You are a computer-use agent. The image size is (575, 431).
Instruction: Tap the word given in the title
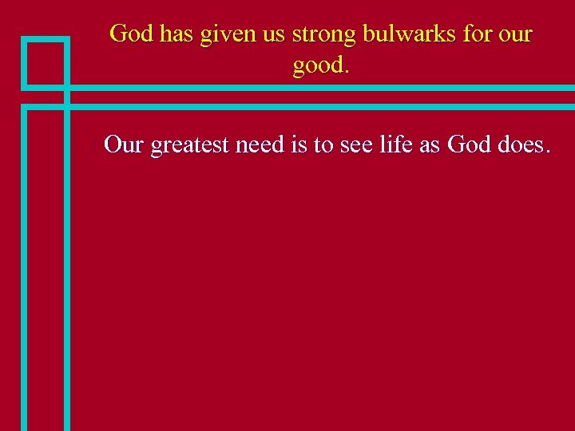tap(223, 34)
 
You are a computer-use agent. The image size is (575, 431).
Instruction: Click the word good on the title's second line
tap(318, 66)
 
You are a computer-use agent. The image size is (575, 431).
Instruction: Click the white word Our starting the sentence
tap(123, 144)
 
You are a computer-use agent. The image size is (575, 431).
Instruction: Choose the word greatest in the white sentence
tap(189, 146)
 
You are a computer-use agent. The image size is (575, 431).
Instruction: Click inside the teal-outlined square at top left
tap(45, 62)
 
